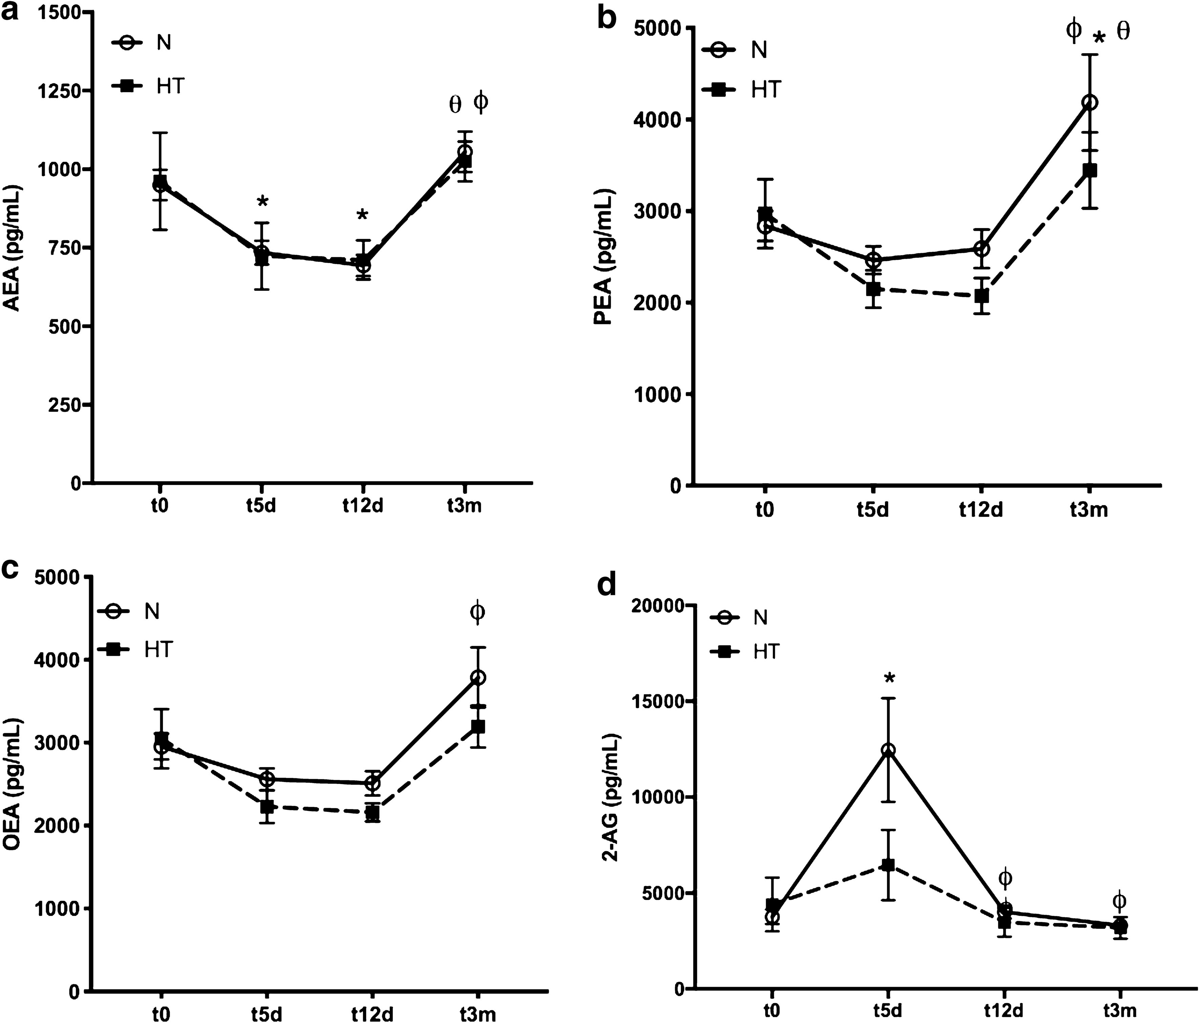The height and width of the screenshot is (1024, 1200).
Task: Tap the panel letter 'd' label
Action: [x=606, y=586]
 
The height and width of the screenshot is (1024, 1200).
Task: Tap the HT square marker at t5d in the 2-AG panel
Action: [x=888, y=865]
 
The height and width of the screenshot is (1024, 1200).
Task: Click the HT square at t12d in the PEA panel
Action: [x=981, y=296]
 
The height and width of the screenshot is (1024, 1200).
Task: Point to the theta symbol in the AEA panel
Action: [x=456, y=104]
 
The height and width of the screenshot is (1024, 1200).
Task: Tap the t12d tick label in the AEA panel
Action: [x=363, y=506]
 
